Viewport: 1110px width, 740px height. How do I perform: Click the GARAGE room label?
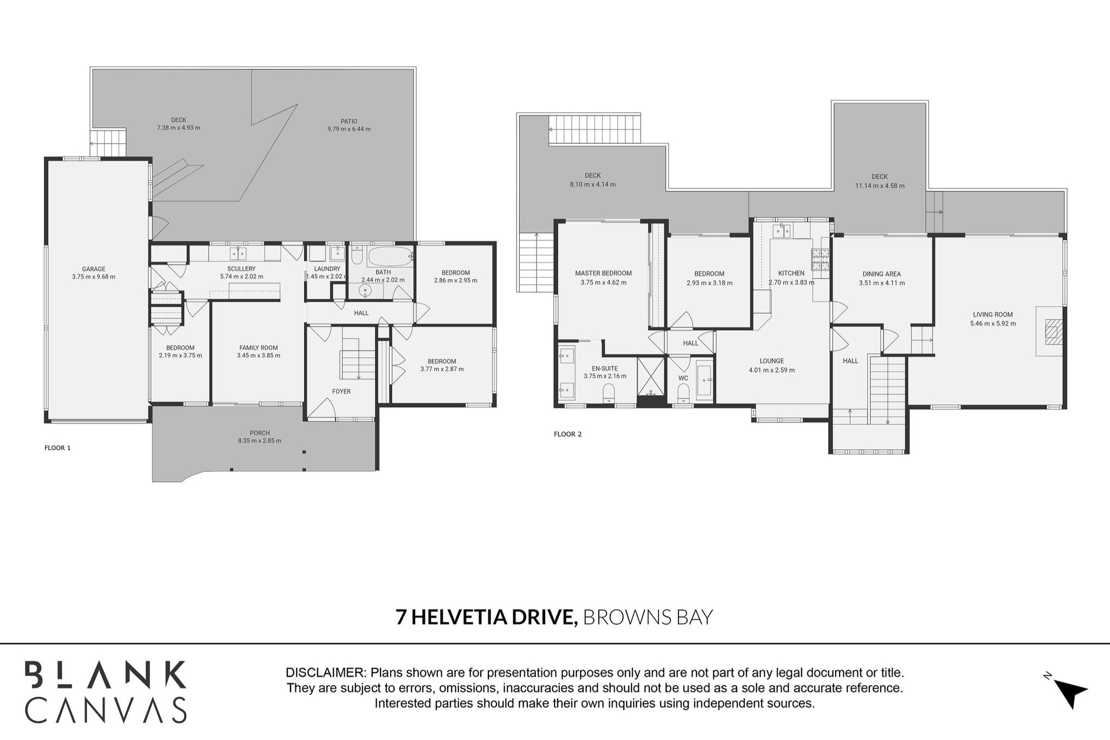tap(93, 269)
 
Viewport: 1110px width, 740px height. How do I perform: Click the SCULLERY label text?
tap(241, 269)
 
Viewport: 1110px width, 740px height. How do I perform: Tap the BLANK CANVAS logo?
tap(106, 692)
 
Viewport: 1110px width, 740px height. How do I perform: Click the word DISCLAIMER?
tap(325, 673)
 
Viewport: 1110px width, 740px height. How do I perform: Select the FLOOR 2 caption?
tap(567, 434)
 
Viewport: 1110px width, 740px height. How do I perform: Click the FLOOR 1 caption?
tap(57, 448)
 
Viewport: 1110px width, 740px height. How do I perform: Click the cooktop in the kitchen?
tap(820, 259)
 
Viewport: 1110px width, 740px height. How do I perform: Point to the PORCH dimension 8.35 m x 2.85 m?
tap(260, 441)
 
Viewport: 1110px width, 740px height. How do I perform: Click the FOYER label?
tap(341, 391)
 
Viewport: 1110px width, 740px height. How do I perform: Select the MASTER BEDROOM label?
tap(603, 273)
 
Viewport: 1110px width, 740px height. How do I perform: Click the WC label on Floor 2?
tap(683, 378)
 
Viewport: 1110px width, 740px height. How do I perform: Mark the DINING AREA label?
tap(881, 274)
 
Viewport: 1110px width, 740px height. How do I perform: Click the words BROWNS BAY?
tap(648, 617)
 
